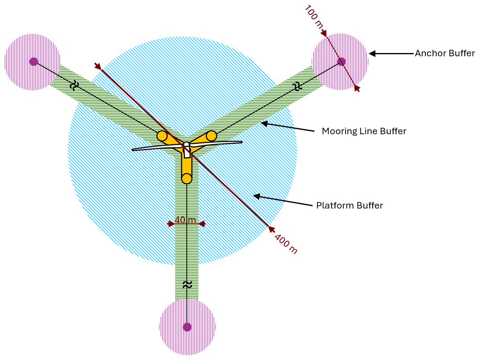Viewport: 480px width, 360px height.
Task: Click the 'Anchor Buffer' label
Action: (445, 53)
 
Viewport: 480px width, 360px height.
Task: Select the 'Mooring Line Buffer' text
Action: (364, 131)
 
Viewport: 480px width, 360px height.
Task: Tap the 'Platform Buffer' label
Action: (349, 206)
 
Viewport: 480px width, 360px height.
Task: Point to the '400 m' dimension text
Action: (286, 243)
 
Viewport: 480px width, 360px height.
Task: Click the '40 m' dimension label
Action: (185, 221)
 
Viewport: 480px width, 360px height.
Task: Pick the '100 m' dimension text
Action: (314, 16)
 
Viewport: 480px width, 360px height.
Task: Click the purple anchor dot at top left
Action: (34, 61)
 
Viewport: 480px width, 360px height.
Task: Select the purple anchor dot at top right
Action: (341, 61)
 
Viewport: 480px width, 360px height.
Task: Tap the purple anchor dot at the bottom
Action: (187, 327)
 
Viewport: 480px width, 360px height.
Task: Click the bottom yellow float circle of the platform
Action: (187, 178)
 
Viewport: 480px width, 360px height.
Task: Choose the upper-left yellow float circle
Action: (162, 136)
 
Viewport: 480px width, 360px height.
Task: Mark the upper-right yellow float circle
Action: (211, 136)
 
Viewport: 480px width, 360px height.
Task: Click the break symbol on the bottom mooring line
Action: (187, 285)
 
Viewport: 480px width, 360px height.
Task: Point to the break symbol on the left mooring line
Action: (74, 85)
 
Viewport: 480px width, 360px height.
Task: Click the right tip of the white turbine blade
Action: (242, 142)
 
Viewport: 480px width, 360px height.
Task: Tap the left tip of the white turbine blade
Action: (133, 150)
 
